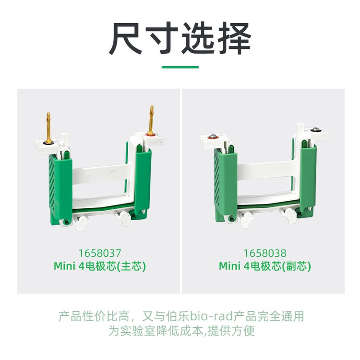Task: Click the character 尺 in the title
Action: click(125, 38)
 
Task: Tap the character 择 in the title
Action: click(234, 38)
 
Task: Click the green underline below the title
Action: click(180, 67)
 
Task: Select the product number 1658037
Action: click(100, 253)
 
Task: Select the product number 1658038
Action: click(264, 253)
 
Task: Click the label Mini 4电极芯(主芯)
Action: click(100, 266)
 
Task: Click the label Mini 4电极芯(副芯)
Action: click(265, 266)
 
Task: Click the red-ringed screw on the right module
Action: click(213, 137)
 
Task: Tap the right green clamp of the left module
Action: click(143, 181)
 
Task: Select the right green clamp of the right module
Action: click(308, 179)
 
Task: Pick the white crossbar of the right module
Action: click(267, 169)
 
